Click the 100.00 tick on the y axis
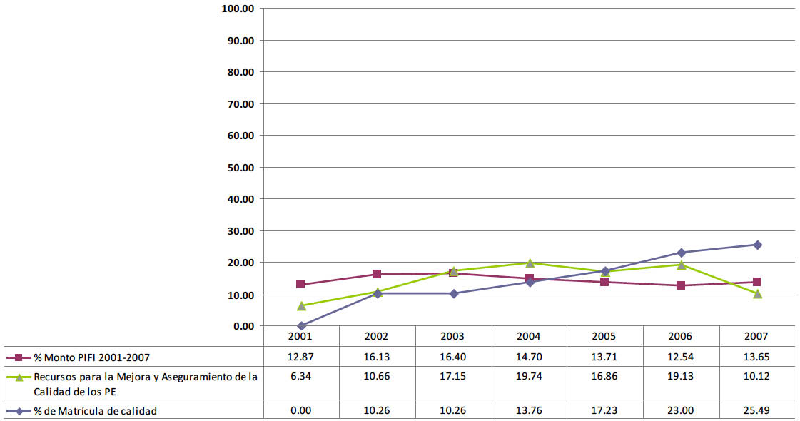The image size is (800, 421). click(238, 9)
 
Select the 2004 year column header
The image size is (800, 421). click(529, 336)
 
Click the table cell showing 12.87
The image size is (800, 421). click(300, 357)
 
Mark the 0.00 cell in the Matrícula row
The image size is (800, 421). click(300, 411)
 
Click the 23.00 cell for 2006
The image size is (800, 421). click(681, 411)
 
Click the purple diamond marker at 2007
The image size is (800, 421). click(757, 245)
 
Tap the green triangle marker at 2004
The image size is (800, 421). click(529, 263)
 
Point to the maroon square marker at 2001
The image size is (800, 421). click(300, 285)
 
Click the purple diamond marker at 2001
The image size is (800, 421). click(300, 325)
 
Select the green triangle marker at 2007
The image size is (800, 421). click(757, 293)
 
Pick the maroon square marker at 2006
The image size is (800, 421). click(681, 285)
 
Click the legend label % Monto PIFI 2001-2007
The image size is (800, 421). click(92, 357)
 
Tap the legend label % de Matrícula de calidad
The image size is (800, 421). click(95, 411)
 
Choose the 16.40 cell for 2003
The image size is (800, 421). click(452, 357)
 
